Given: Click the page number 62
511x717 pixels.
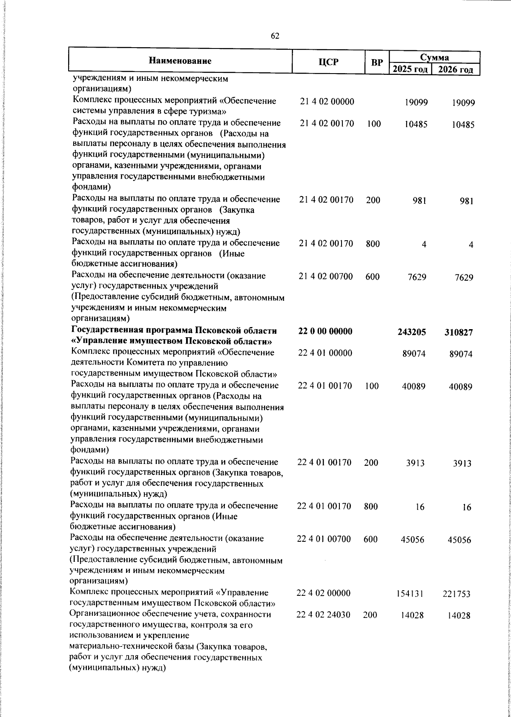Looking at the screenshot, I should point(275,37).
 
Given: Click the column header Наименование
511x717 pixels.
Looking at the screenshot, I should point(180,61).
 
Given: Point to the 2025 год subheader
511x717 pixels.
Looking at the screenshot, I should point(410,69).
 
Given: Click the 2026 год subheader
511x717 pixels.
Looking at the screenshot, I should point(456,69).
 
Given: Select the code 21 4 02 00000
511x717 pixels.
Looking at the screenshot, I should point(327,102).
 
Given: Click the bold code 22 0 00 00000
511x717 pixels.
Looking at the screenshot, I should point(325,331).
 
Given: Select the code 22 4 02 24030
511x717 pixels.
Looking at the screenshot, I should point(324,615).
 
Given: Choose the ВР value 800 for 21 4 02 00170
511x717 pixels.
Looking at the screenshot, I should point(373,244).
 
